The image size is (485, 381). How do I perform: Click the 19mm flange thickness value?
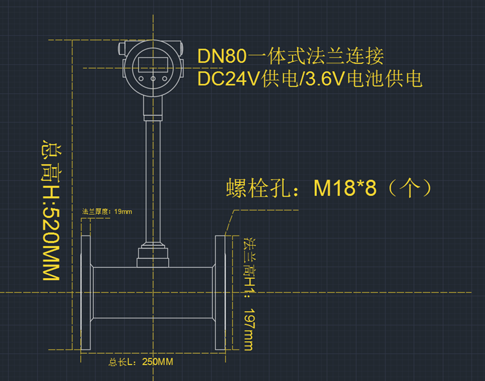pos(123,212)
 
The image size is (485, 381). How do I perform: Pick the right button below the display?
pos(164,79)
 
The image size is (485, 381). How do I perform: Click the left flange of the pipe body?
pos(87,293)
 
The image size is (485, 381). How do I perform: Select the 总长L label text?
pos(122,362)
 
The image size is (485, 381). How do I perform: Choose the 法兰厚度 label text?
pos(96,212)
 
